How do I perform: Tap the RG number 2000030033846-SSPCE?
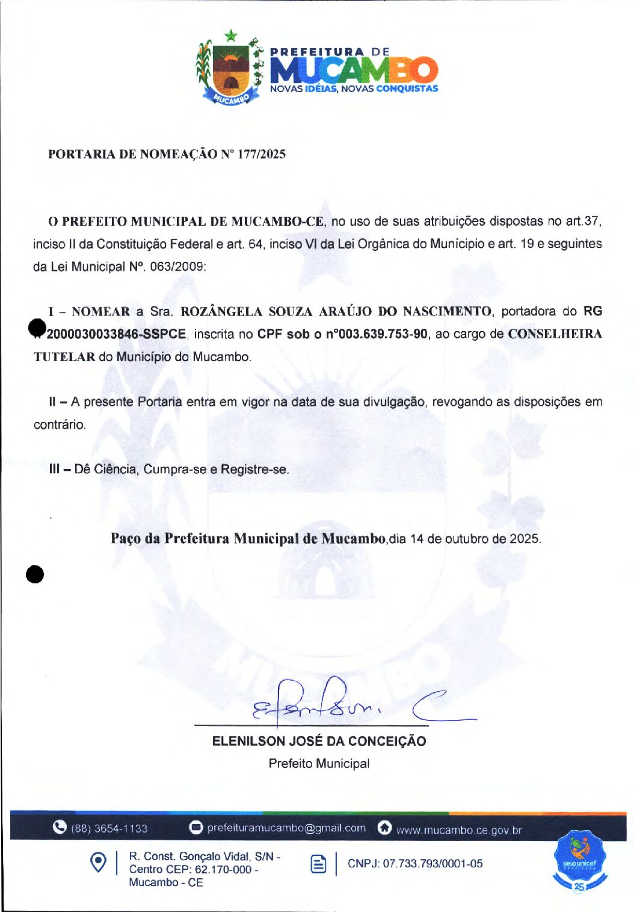click(x=116, y=334)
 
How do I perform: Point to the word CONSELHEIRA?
click(x=555, y=334)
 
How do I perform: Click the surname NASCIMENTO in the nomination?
click(x=447, y=311)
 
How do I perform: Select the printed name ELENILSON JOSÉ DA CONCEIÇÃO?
click(x=319, y=741)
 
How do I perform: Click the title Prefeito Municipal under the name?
click(x=319, y=763)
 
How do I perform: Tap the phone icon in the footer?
click(x=60, y=827)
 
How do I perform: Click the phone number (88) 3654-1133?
click(x=109, y=828)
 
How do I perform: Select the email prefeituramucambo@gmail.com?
click(x=286, y=828)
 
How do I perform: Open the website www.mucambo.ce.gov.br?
click(x=458, y=830)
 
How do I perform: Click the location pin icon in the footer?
click(x=98, y=863)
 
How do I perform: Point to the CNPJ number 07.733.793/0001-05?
click(x=415, y=864)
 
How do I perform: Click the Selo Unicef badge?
click(x=579, y=861)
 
